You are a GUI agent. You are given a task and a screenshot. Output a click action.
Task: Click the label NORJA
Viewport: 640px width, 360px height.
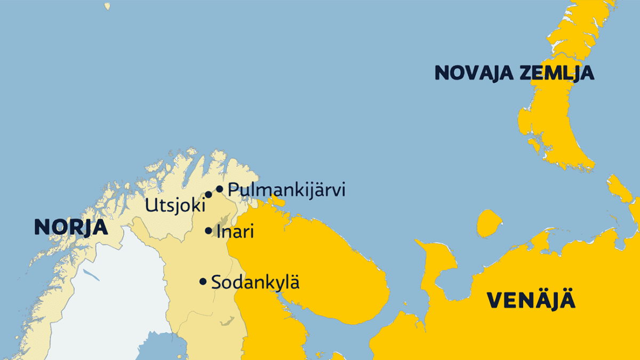click(71, 227)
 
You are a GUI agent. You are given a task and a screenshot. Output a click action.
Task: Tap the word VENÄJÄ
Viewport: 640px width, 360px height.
click(531, 301)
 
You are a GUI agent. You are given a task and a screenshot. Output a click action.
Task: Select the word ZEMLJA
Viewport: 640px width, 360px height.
click(558, 73)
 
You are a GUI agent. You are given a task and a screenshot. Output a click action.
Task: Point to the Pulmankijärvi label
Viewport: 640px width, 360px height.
click(286, 190)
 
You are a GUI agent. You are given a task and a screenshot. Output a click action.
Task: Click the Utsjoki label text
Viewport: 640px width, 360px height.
click(175, 206)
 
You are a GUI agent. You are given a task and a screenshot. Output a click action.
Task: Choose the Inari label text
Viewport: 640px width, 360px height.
click(235, 232)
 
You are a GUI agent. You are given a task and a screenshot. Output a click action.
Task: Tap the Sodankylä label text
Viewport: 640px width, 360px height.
click(255, 282)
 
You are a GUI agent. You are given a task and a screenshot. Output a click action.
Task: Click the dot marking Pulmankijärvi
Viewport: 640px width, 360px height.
click(219, 189)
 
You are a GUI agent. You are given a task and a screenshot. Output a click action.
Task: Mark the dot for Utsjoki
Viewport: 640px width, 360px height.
click(209, 195)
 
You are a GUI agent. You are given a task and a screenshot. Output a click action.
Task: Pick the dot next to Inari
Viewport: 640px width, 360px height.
click(209, 231)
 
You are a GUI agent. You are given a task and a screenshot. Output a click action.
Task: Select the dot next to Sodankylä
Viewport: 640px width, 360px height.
click(203, 282)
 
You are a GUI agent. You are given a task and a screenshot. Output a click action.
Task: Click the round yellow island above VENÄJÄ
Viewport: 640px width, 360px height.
click(489, 223)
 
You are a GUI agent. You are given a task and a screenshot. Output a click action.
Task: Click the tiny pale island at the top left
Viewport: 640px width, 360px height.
click(107, 6)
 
